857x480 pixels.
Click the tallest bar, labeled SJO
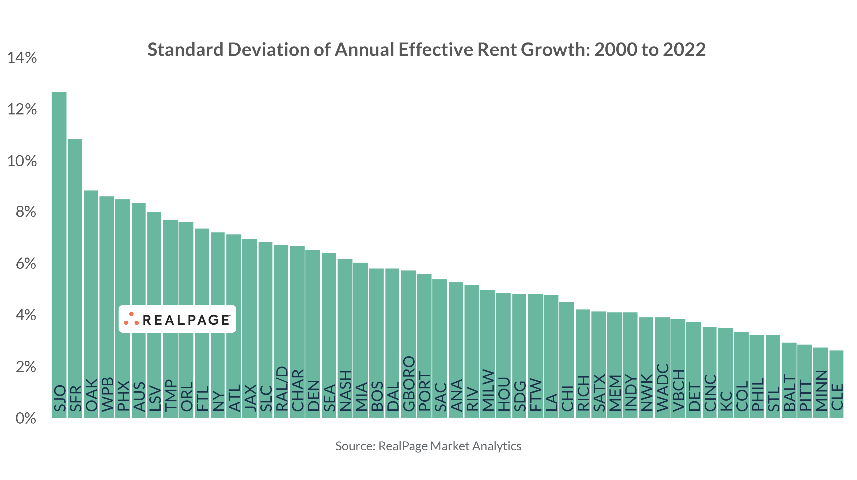59,233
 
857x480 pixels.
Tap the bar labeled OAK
90,283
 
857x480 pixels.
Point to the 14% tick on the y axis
22,58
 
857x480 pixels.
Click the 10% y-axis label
22,161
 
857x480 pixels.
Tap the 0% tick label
26,418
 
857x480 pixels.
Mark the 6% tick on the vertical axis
26,264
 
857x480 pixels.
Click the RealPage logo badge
177,319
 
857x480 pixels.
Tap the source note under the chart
428,446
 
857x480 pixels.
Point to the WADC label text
662,387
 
